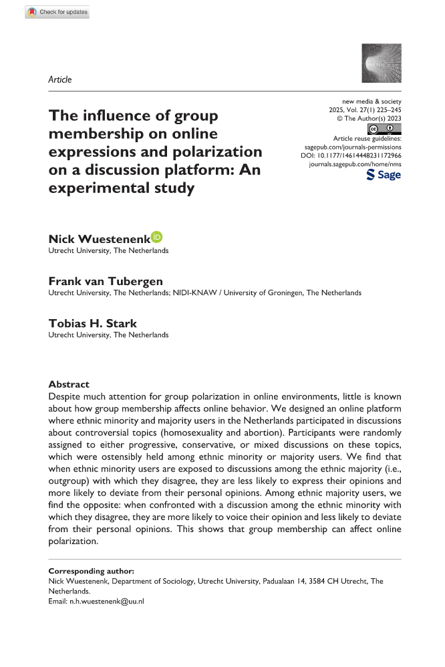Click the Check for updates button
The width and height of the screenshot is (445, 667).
point(57,12)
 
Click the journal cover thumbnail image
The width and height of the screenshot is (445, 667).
point(381,63)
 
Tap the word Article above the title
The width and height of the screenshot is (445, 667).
point(60,79)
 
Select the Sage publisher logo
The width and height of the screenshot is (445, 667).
point(384,174)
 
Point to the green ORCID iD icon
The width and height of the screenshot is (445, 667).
point(157,237)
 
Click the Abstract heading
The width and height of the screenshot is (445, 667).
point(69,385)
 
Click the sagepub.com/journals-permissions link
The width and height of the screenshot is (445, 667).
point(353,145)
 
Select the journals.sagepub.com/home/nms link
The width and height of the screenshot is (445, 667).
point(355,162)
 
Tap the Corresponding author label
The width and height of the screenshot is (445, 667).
point(92,572)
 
